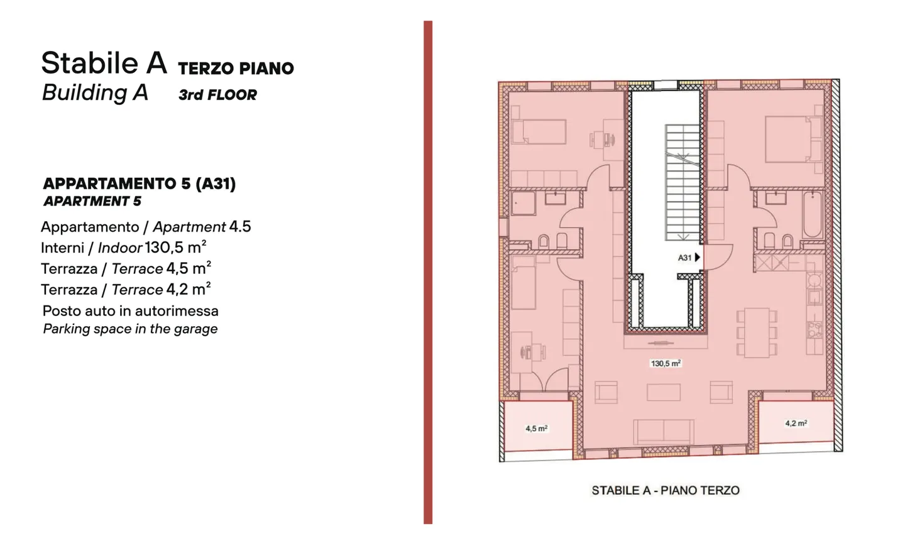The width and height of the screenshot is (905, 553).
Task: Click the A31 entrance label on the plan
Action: tap(684, 258)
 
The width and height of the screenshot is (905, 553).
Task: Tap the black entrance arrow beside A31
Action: tap(697, 258)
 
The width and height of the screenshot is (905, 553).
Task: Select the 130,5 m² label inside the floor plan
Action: tap(666, 363)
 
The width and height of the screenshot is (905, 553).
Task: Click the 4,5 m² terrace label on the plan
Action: tap(536, 429)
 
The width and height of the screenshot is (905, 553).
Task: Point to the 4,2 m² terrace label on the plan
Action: tap(796, 424)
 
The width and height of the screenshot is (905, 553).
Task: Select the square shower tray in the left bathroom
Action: tap(523, 204)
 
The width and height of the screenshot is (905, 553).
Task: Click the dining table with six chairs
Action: tap(757, 332)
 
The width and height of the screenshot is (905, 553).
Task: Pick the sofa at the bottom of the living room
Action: tap(664, 432)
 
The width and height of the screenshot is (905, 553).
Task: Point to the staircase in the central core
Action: tap(682, 182)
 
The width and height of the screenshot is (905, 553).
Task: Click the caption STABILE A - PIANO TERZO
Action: tap(665, 490)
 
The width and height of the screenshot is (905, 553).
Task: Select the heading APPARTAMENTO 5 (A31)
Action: tap(139, 183)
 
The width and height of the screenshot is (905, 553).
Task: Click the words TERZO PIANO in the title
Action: tap(236, 68)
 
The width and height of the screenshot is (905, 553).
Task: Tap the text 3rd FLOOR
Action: tap(217, 95)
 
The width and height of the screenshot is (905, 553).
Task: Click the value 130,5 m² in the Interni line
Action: tap(175, 247)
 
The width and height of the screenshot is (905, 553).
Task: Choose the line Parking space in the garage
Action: tap(130, 329)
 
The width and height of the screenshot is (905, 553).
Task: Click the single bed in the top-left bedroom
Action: tap(539, 132)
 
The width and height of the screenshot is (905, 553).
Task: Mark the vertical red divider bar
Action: tap(428, 272)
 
